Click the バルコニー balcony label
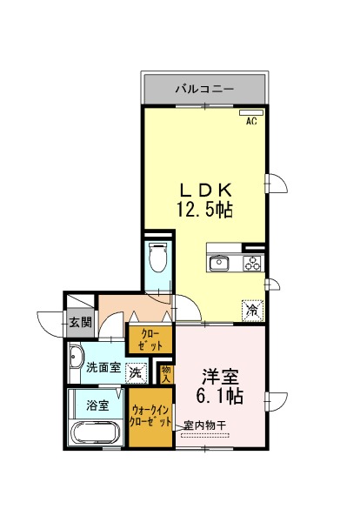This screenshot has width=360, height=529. pyautogui.click(x=204, y=90)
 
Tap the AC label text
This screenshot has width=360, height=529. pyautogui.click(x=251, y=121)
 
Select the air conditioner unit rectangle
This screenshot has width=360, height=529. pyautogui.click(x=251, y=112)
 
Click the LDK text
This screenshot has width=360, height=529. pyautogui.click(x=206, y=191)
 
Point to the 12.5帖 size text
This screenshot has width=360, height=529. pyautogui.click(x=204, y=211)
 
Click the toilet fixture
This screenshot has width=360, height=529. pyautogui.click(x=158, y=257)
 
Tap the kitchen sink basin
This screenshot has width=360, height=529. pyautogui.click(x=219, y=263)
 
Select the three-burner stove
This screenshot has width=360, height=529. pyautogui.click(x=253, y=263)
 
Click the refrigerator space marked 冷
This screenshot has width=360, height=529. pyautogui.click(x=252, y=310)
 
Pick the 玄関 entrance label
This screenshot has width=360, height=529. pyautogui.click(x=80, y=322)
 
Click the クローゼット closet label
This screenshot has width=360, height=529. pyautogui.click(x=151, y=339)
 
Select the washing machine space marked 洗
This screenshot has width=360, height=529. pyautogui.click(x=137, y=373)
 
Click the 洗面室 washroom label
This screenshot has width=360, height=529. pyautogui.click(x=103, y=367)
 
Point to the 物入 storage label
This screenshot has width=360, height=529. pyautogui.click(x=166, y=374)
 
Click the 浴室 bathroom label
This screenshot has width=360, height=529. pyautogui.click(x=97, y=405)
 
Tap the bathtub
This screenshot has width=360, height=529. pyautogui.click(x=96, y=432)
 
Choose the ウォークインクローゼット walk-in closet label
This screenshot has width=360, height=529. pyautogui.click(x=150, y=417)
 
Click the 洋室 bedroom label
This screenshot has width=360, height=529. pyautogui.click(x=220, y=377)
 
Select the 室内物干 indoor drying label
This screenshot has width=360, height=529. pyautogui.click(x=205, y=425)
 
